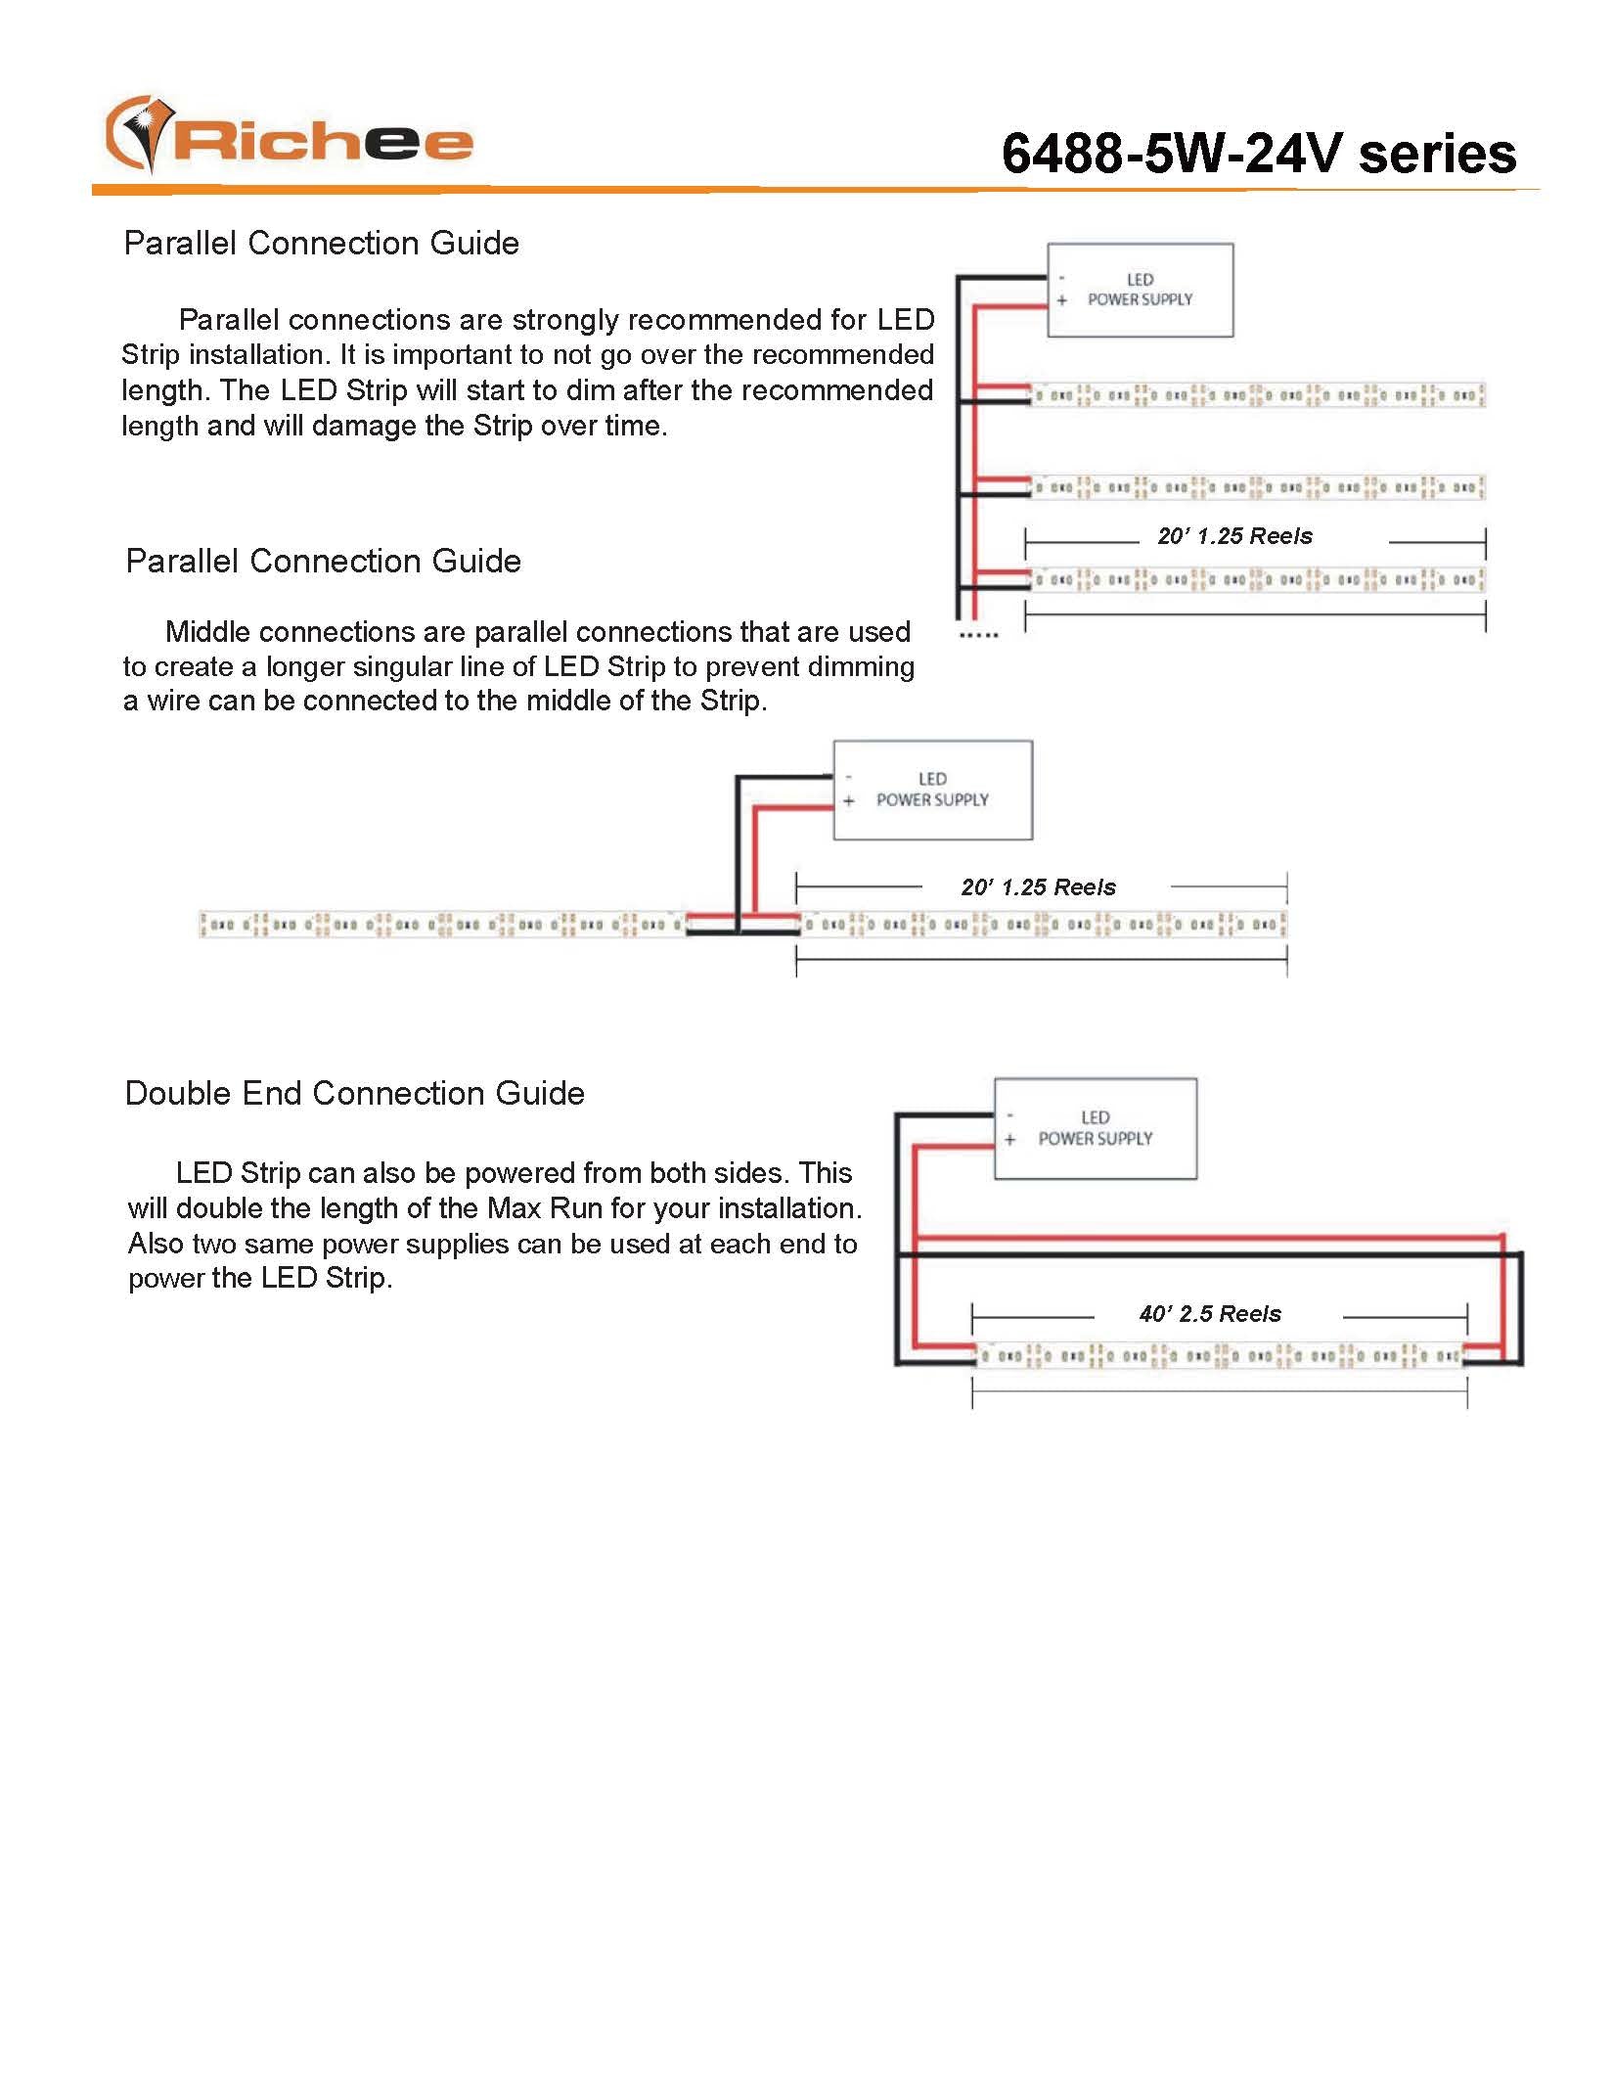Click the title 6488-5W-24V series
[1258, 154]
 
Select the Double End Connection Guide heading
[354, 1093]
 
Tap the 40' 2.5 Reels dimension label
[1210, 1314]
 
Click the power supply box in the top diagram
[1140, 290]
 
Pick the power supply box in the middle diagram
[932, 790]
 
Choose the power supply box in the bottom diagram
[1095, 1128]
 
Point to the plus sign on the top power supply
[1061, 300]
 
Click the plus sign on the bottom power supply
[1009, 1140]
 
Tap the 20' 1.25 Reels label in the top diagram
[1234, 536]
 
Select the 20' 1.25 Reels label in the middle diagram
[1038, 887]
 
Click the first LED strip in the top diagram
[1257, 395]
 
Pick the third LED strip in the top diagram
[1257, 579]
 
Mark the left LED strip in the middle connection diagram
[442, 924]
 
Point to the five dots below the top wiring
[979, 636]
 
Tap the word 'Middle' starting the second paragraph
[209, 632]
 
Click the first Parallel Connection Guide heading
[321, 243]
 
